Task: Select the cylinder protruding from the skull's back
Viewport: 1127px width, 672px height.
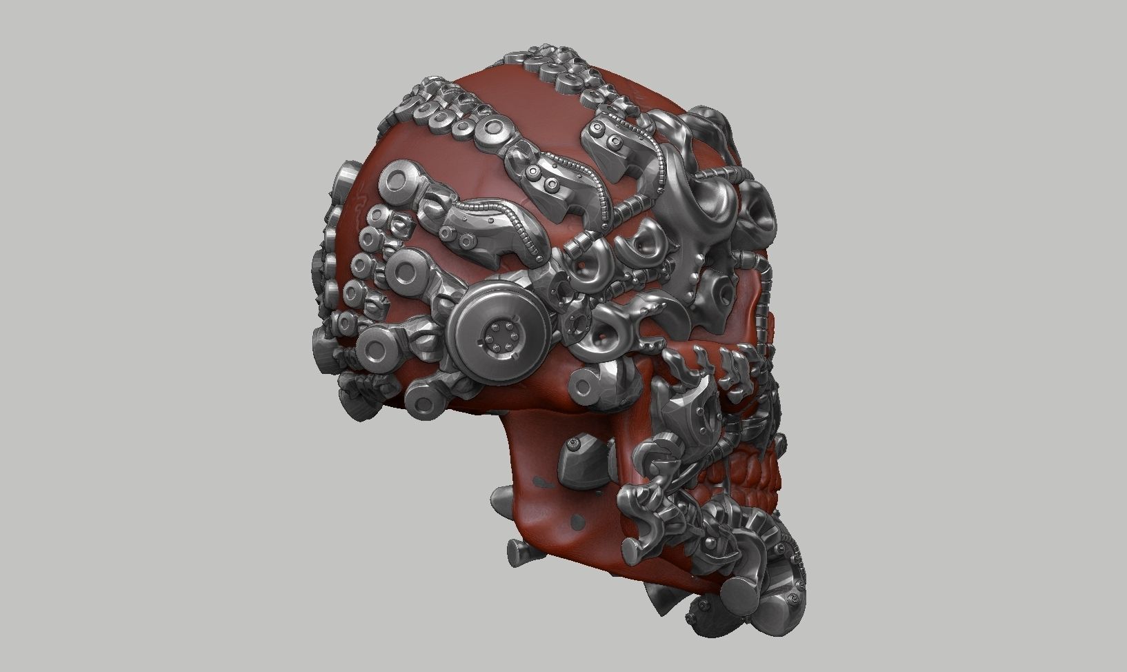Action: click(345, 186)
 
